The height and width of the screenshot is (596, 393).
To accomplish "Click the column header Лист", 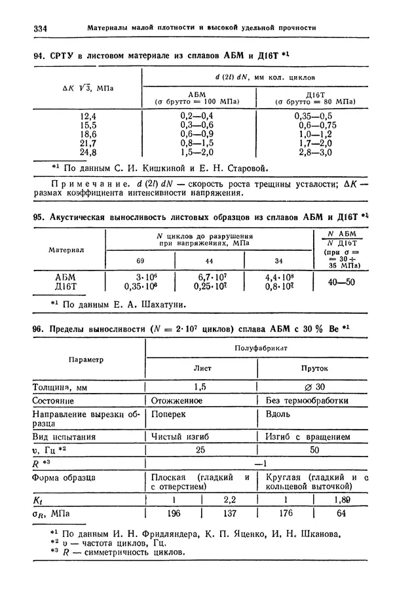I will coord(201,369).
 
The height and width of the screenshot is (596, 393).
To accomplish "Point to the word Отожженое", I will coord(177,400).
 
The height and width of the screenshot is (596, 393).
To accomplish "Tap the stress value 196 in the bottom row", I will coord(174,514).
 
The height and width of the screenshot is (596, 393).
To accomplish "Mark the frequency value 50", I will coord(314,451).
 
